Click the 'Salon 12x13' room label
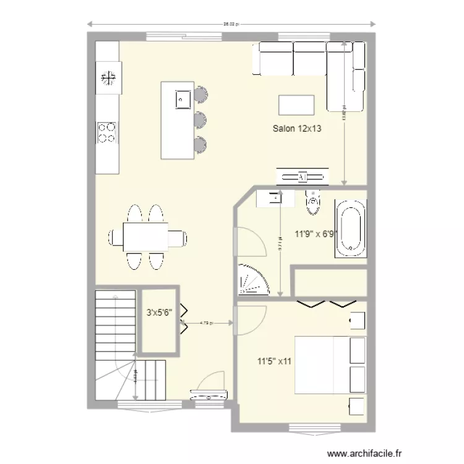click(x=299, y=129)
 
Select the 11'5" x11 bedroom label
click(x=275, y=361)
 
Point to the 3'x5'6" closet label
click(x=159, y=313)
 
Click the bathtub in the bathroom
click(x=351, y=228)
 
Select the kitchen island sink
click(x=183, y=98)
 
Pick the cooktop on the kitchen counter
click(x=107, y=132)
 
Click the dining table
click(x=147, y=237)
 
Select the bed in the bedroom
click(x=322, y=365)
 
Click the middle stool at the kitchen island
click(x=200, y=118)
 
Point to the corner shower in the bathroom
click(x=252, y=279)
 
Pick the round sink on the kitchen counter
click(x=109, y=77)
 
